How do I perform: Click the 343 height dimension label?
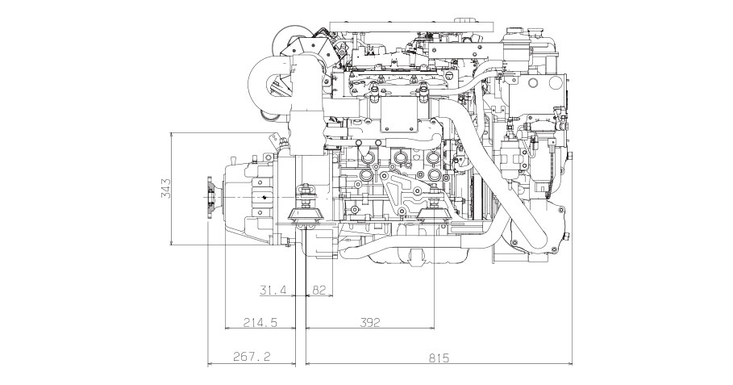click(166, 188)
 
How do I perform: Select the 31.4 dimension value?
click(273, 291)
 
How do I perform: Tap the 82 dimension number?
click(319, 291)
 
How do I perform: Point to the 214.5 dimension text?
click(260, 322)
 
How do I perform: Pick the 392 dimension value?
click(370, 322)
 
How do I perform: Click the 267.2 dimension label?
click(252, 358)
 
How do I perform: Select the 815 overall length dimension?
click(439, 358)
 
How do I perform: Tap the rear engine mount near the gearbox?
click(306, 208)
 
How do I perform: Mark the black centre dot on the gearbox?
click(264, 198)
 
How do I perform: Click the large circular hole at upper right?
click(534, 83)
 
